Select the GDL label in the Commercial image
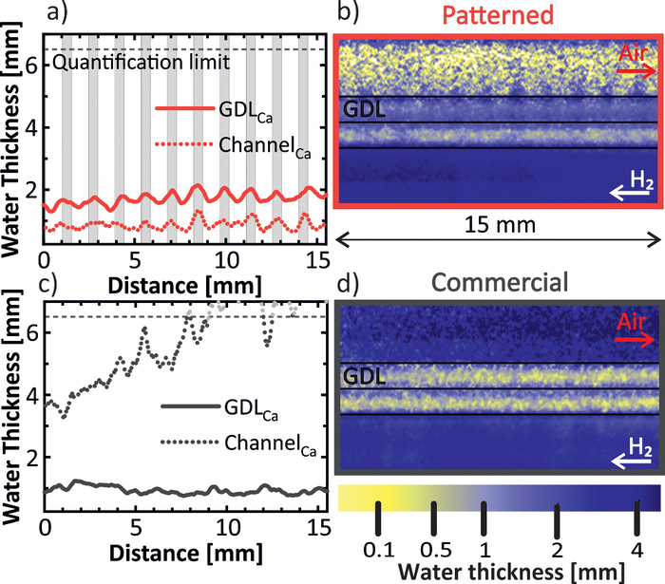click(x=367, y=377)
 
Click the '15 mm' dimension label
click(x=501, y=254)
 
